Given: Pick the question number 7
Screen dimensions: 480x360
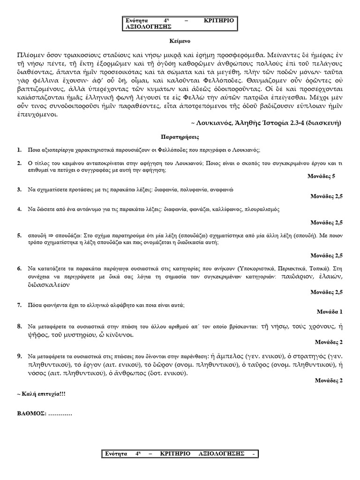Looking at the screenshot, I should pyautogui.click(x=19, y=305).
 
